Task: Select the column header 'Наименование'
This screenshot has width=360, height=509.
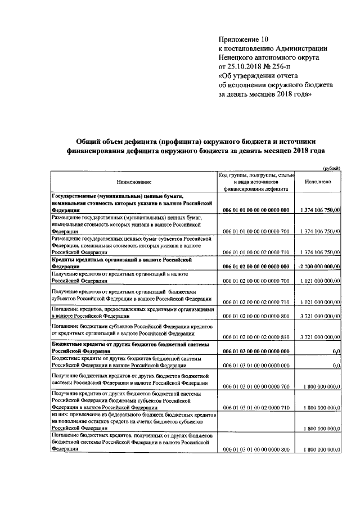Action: pos(134,182)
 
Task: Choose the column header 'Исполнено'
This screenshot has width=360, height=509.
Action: pos(317,182)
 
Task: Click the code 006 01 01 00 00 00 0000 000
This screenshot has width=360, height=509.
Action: pos(256,210)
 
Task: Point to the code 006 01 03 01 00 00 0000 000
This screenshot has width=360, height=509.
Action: pos(256,366)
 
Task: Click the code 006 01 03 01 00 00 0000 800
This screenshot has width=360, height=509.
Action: pos(256,450)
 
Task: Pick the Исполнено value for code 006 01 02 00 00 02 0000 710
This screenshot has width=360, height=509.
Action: pos(319,302)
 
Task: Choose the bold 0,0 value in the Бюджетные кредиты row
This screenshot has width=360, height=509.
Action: pos(336,351)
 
